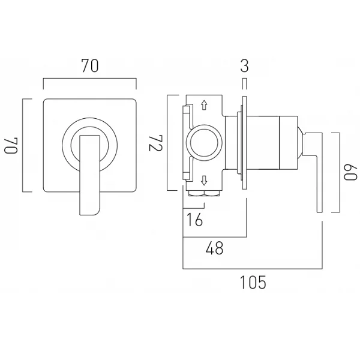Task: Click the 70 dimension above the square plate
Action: point(90,66)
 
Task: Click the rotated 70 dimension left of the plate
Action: point(11,146)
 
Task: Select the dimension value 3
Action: point(245,66)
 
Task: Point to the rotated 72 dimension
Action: point(156,143)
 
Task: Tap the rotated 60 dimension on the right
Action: point(350,172)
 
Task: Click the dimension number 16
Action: point(194,220)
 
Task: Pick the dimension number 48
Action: point(214,248)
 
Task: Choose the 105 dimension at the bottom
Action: point(253,282)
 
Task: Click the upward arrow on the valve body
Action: point(204,105)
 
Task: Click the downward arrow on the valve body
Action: point(204,180)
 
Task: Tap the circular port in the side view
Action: point(204,143)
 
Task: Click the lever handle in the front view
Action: point(90,175)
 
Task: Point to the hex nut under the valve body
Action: point(204,193)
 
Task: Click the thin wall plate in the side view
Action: point(244,143)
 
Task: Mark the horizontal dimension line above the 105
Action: point(253,268)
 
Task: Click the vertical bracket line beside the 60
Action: point(340,172)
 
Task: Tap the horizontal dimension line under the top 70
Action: point(90,79)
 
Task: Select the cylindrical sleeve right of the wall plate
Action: point(263,143)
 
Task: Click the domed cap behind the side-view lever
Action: point(300,143)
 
